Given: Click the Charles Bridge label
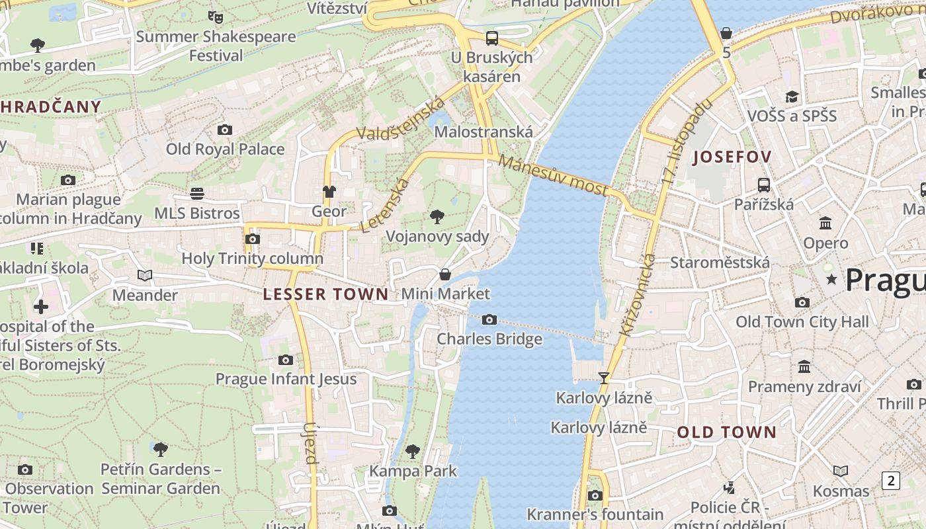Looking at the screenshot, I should pyautogui.click(x=489, y=339).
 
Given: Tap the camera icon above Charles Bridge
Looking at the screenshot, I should pyautogui.click(x=489, y=320).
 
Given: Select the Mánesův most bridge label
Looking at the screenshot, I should pyautogui.click(x=553, y=175).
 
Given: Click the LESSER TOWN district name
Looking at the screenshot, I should pyautogui.click(x=326, y=294).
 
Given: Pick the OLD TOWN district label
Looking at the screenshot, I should pyautogui.click(x=727, y=432).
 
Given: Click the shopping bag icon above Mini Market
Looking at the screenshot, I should pyautogui.click(x=446, y=274).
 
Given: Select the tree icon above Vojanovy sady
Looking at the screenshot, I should pyautogui.click(x=437, y=216).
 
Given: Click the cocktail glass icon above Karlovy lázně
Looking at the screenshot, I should pyautogui.click(x=603, y=378).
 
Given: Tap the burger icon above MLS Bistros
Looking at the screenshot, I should pyautogui.click(x=197, y=194).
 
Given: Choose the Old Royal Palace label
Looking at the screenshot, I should pyautogui.click(x=225, y=149).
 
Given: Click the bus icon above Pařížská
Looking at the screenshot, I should pyautogui.click(x=764, y=185).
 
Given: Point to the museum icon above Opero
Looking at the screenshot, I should pyautogui.click(x=825, y=223).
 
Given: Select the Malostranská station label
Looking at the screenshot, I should pyautogui.click(x=484, y=132).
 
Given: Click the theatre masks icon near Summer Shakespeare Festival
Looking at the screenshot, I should pyautogui.click(x=216, y=17).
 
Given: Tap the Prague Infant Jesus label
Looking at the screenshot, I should pyautogui.click(x=286, y=379).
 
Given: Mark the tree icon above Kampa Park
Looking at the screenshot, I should pyautogui.click(x=413, y=452).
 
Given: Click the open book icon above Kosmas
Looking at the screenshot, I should pyautogui.click(x=841, y=471).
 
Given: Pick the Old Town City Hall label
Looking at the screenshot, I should pyautogui.click(x=802, y=322).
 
